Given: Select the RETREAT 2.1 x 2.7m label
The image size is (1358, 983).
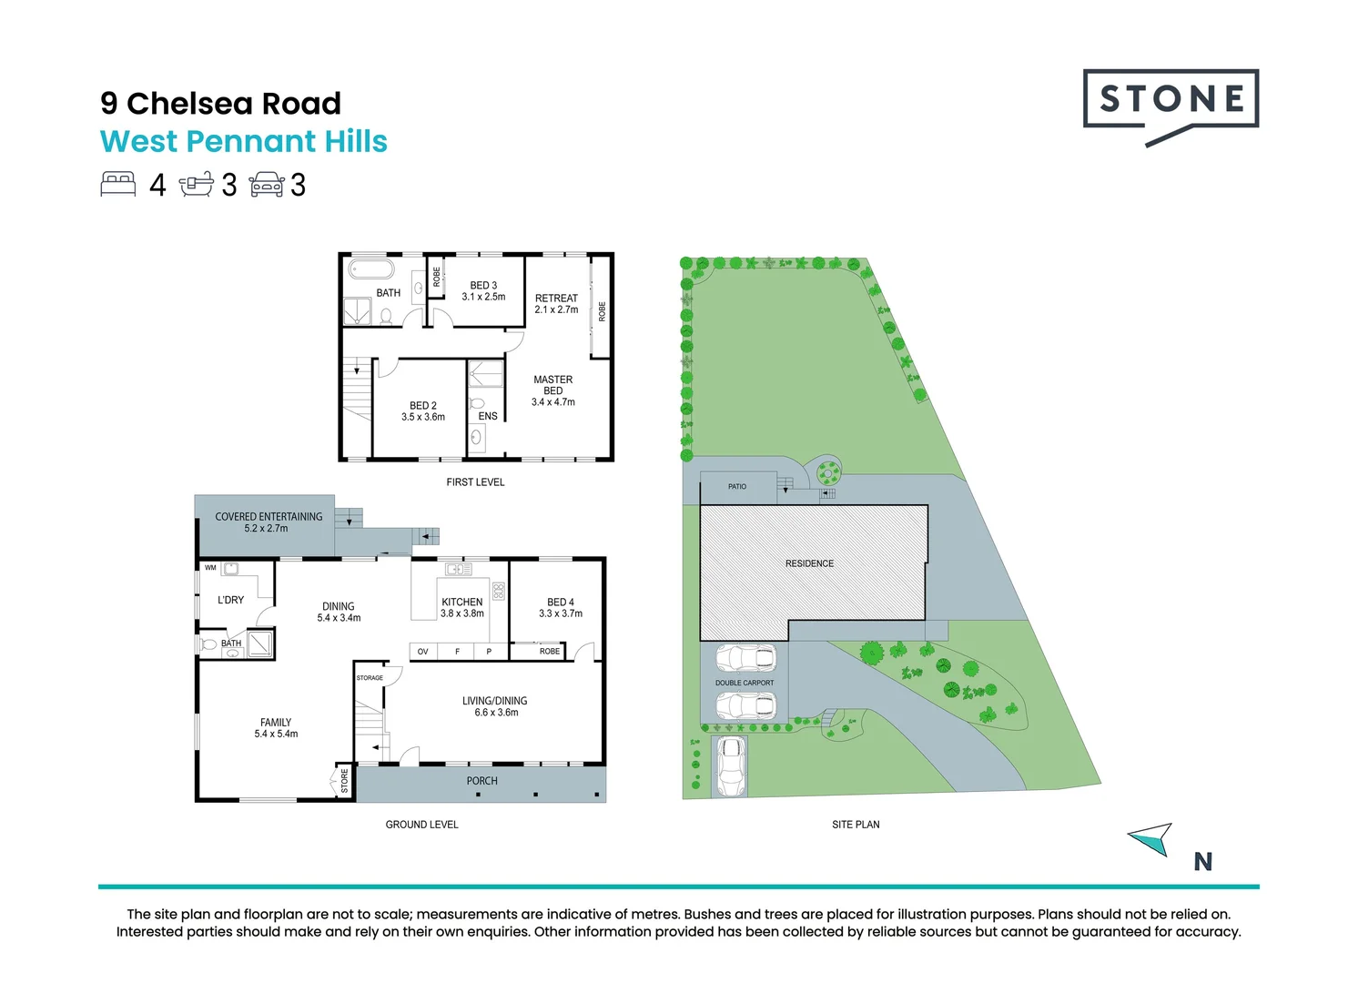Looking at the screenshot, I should coord(556,304).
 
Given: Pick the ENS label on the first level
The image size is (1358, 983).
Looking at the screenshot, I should coord(488,416).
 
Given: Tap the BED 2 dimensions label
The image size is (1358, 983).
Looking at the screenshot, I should coord(423,417).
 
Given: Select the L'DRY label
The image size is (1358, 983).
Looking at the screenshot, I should coord(231,600).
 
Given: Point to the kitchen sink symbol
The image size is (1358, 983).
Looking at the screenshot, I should coord(458,570).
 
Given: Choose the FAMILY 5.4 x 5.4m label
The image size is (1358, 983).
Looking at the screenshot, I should coord(276,728).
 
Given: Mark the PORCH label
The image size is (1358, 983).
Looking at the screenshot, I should coord(482,781).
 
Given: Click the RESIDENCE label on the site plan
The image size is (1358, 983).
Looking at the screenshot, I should coord(809,563).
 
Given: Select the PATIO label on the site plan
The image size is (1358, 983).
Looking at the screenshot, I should coord(737,487).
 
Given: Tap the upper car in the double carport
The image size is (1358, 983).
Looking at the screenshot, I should coord(745,658).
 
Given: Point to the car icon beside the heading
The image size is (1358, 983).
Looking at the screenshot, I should coord(267,185).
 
